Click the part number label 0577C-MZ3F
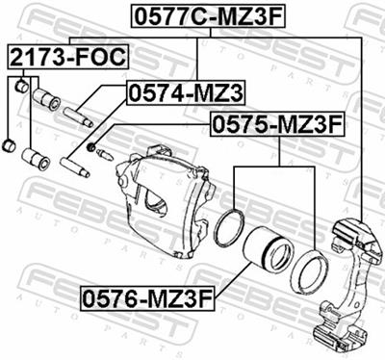click(198, 16)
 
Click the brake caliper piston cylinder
click(266, 252)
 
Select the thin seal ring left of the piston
click(231, 227)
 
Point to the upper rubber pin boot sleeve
click(46, 99)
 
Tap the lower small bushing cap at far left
click(12, 144)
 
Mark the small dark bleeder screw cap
click(91, 147)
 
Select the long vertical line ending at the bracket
click(362, 125)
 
